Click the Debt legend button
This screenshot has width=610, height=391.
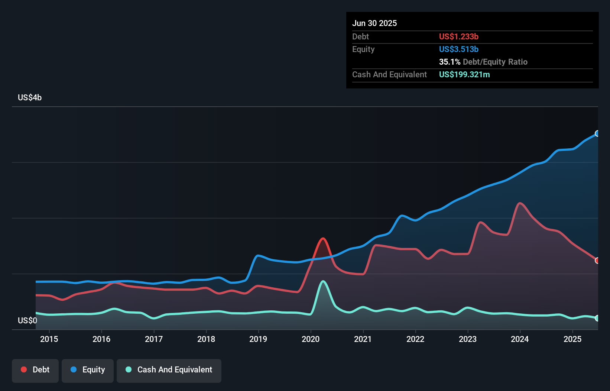[x=35, y=370]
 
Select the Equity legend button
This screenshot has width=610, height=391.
[x=88, y=370]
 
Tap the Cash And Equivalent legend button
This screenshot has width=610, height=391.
[x=169, y=370]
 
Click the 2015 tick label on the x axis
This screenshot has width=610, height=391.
[x=49, y=339]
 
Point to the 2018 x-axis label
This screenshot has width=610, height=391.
[x=206, y=339]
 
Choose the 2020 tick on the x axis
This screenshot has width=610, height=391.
[x=311, y=339]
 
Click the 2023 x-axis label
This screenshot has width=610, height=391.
[x=468, y=339]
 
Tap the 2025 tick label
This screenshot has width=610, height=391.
[x=572, y=339]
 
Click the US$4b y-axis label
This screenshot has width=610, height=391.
[x=30, y=98]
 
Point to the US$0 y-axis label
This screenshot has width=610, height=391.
[x=27, y=320]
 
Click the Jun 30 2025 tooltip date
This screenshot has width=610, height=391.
[x=374, y=23]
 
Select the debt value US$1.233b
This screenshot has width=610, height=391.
[x=459, y=37]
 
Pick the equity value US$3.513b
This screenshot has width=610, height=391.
[x=459, y=49]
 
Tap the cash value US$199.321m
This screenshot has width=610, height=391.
[x=464, y=75]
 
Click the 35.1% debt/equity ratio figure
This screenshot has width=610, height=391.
[x=450, y=62]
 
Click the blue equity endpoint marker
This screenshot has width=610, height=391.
[x=597, y=133]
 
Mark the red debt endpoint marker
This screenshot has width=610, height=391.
[x=597, y=261]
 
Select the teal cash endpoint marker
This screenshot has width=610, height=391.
[x=597, y=318]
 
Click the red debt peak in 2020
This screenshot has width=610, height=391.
[x=323, y=239]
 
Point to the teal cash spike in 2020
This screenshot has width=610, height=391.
[x=323, y=281]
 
